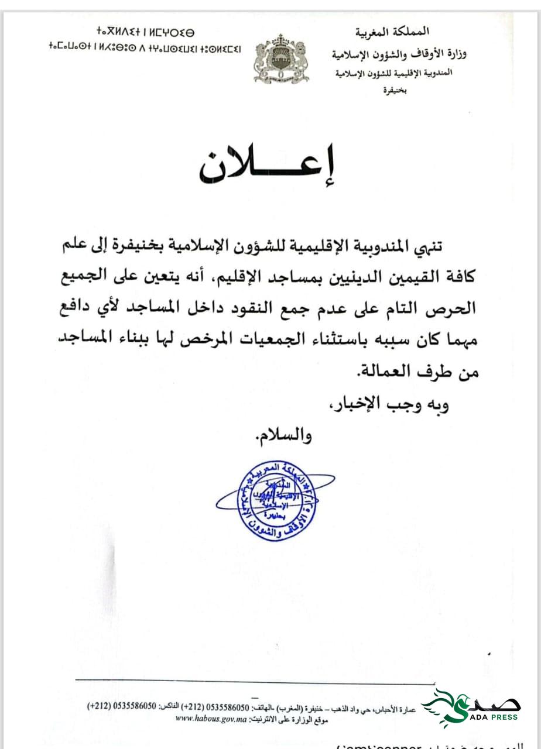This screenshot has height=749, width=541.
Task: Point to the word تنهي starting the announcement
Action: coord(462,245)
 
